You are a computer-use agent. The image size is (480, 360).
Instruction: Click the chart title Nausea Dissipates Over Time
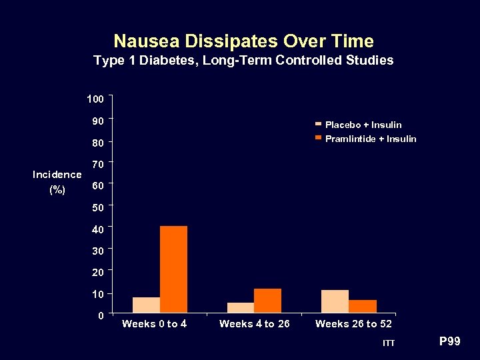pos(243,41)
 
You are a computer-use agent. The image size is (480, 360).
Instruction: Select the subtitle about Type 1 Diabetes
pos(243,61)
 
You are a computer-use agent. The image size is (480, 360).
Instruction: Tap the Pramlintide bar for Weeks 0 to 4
pos(173,269)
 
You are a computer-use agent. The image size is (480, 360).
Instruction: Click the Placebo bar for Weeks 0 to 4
pos(146,305)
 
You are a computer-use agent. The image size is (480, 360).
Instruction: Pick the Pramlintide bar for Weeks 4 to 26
pos(267,300)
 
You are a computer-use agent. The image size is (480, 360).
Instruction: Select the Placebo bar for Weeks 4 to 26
pos(240,307)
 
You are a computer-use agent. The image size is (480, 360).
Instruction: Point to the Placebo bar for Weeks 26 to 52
pos(335,301)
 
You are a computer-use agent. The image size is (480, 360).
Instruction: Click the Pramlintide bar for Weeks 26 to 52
pos(363,306)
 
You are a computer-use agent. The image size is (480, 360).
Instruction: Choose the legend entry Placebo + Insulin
pos(363,125)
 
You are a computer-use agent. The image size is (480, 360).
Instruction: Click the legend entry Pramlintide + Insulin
pos(370,139)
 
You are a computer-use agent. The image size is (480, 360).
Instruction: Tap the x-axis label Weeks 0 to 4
pos(154,324)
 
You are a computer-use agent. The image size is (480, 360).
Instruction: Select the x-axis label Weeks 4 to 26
pos(254,324)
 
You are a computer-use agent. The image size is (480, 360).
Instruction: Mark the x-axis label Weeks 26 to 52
pos(353,324)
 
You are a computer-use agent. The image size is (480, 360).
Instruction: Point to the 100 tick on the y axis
pos(95,99)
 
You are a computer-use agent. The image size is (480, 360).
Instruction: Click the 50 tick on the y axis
pos(97,207)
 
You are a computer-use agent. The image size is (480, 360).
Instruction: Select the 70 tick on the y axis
pos(97,164)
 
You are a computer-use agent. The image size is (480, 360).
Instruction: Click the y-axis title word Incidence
pos(57,175)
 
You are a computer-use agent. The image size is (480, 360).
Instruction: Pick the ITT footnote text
pos(389,343)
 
